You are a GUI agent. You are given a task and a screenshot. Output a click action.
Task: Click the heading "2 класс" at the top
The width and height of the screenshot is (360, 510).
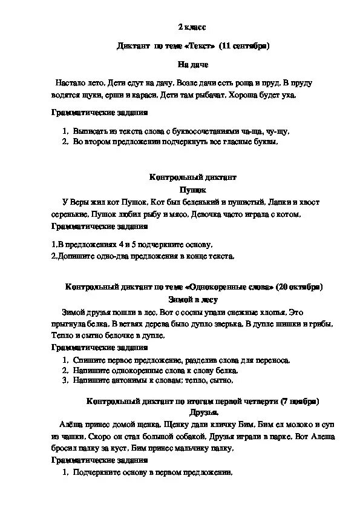pyautogui.click(x=192, y=28)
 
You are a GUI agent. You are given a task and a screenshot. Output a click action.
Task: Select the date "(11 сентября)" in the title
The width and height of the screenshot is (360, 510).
pyautogui.click(x=244, y=45)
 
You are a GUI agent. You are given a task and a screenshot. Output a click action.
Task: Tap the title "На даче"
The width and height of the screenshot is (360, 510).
pyautogui.click(x=192, y=64)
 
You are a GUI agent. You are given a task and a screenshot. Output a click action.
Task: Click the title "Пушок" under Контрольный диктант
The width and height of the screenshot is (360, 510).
pyautogui.click(x=192, y=190)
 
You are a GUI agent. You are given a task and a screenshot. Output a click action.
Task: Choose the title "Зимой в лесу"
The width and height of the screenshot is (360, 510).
pyautogui.click(x=192, y=299)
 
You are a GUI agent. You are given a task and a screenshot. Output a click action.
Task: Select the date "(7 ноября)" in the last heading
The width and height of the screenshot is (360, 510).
pyautogui.click(x=299, y=401)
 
